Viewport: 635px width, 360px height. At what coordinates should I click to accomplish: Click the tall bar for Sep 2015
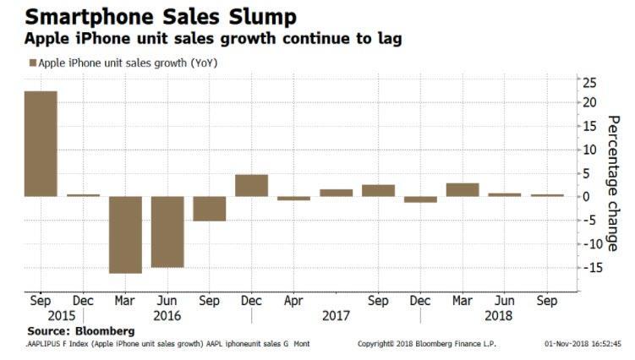tap(41, 144)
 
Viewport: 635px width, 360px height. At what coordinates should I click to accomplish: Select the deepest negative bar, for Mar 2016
tap(125, 234)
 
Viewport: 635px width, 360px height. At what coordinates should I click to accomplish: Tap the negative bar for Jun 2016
tap(167, 232)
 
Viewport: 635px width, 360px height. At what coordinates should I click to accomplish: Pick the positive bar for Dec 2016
tap(251, 185)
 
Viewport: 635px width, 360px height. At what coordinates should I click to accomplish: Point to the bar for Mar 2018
tap(463, 189)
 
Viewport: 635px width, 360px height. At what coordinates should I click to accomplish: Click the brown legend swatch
tap(33, 63)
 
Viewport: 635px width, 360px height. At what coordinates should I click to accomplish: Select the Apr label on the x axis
tap(293, 300)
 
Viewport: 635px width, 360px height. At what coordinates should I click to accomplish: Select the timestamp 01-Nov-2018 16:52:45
tap(583, 344)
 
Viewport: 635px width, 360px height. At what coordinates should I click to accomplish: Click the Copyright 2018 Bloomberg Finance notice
tap(427, 344)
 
